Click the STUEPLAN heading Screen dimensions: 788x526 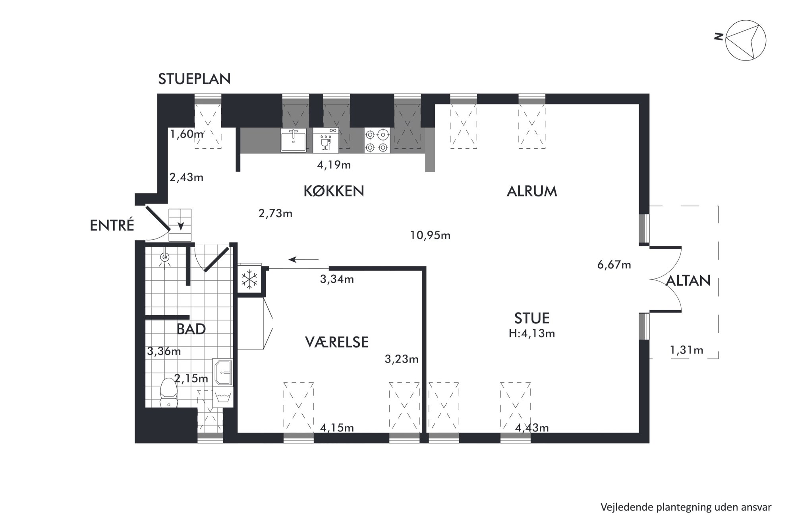[194, 79]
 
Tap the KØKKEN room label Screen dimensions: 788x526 [334, 191]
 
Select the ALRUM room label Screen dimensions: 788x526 [532, 191]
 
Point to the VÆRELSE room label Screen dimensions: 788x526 [337, 342]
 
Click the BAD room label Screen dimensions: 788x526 [191, 329]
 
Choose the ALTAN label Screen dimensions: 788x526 [688, 281]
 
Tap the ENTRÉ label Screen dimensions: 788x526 [112, 225]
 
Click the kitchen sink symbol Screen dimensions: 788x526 [294, 140]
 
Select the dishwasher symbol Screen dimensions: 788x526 [326, 140]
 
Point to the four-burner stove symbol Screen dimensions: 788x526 [377, 141]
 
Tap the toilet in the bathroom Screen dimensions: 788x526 [168, 393]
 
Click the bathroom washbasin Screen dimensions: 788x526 [223, 372]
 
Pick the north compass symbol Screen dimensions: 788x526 [745, 41]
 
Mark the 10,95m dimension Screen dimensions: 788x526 [430, 235]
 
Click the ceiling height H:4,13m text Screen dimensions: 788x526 [532, 333]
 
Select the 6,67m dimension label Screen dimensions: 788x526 [614, 264]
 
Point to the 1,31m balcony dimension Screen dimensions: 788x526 [686, 350]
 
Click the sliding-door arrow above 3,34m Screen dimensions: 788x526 [303, 260]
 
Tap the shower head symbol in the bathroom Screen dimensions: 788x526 [164, 258]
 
